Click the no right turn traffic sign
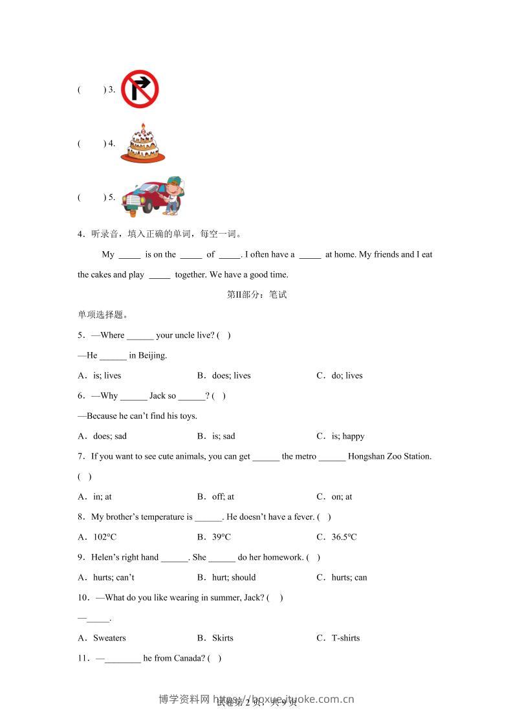[x=140, y=89]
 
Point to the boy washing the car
[x=173, y=193]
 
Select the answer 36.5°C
[x=344, y=537]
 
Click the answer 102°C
[x=105, y=537]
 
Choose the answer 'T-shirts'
[x=345, y=638]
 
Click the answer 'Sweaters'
[x=109, y=638]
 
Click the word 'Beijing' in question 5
[x=152, y=355]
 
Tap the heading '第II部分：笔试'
[x=257, y=294]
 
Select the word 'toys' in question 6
[x=188, y=416]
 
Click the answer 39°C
[x=221, y=537]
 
